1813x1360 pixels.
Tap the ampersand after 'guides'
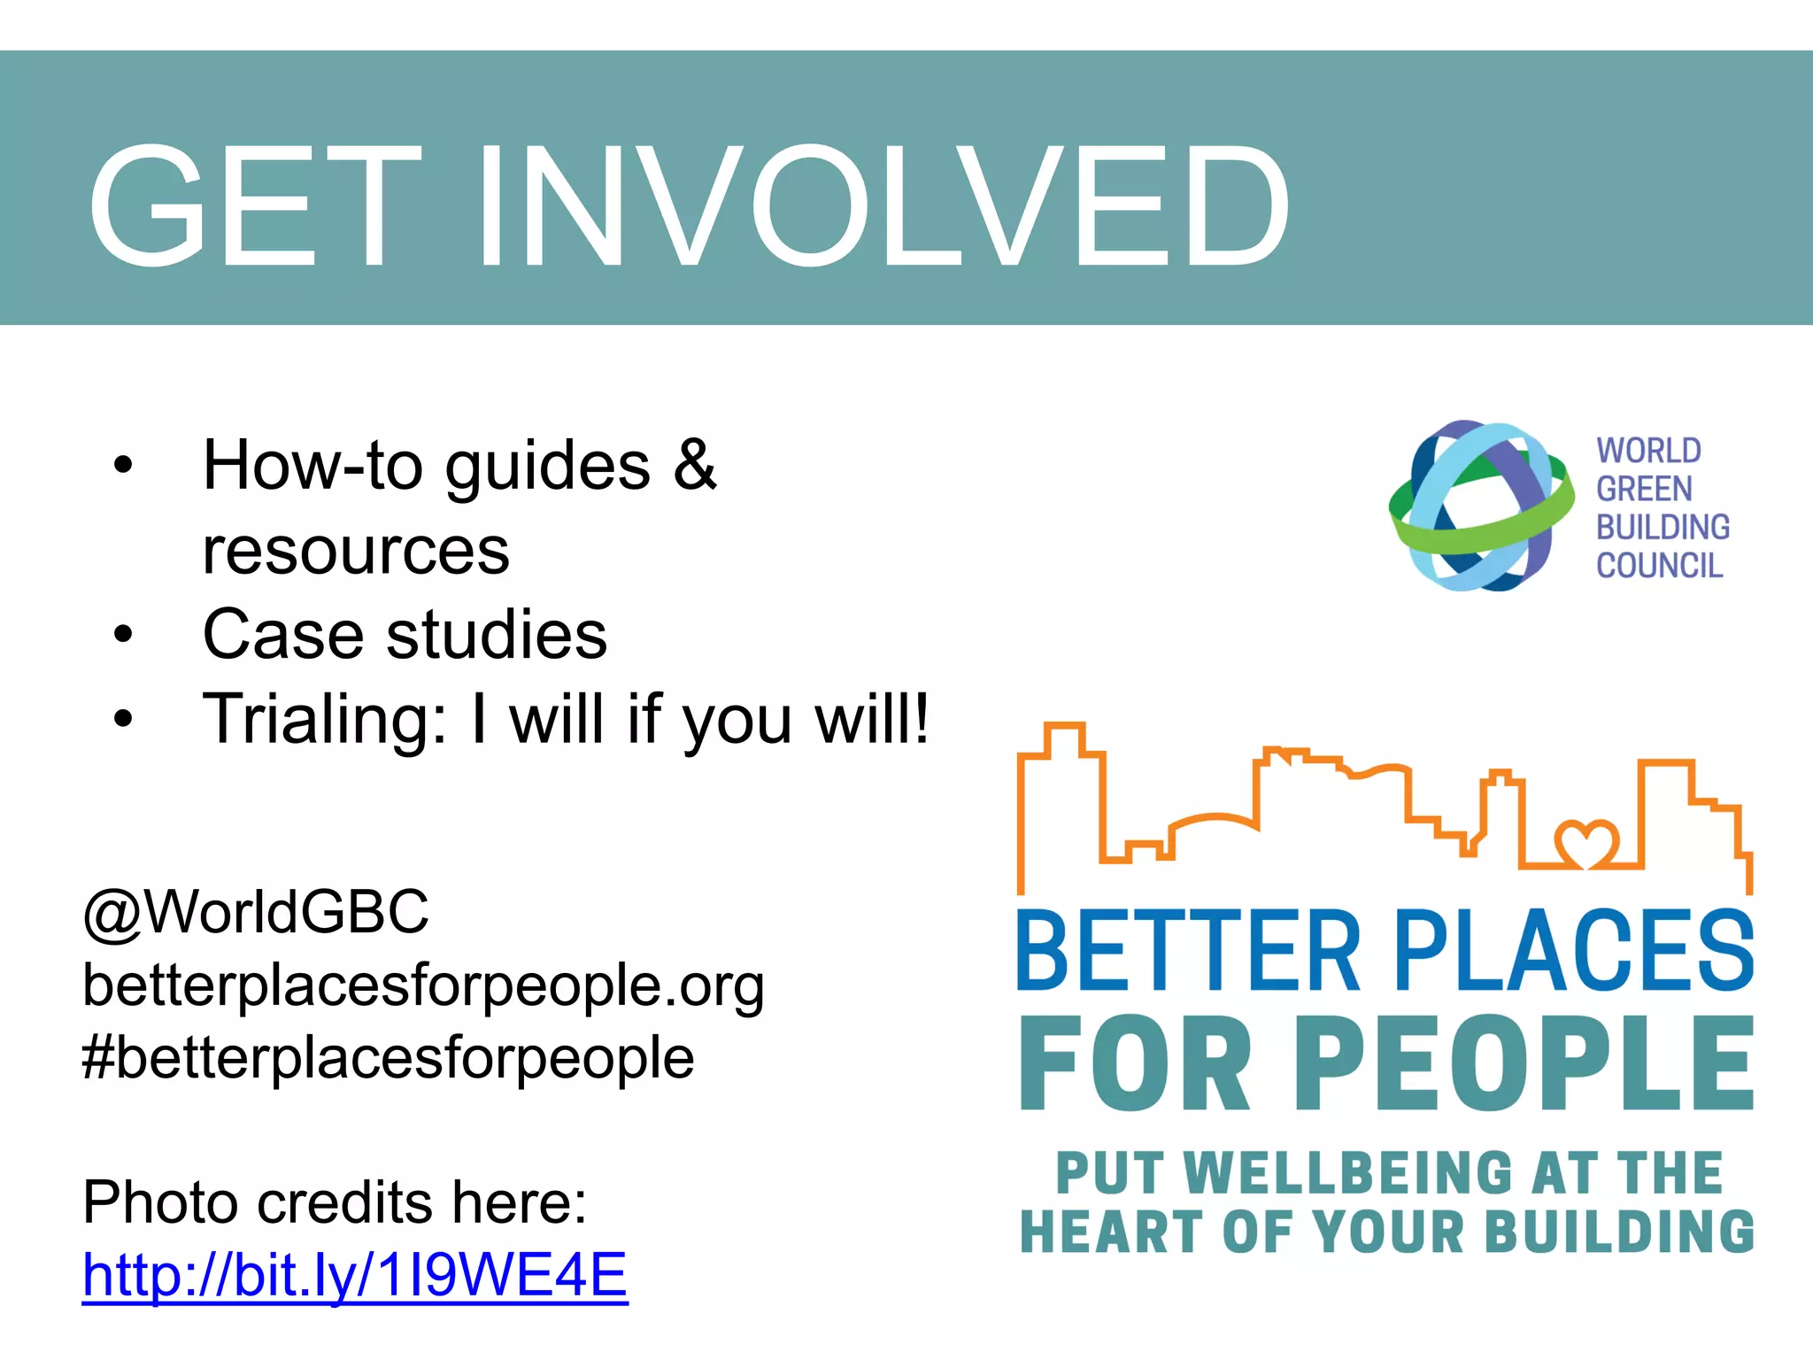tap(694, 464)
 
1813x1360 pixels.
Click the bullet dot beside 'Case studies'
tap(123, 634)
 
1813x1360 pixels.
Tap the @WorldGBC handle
tap(256, 912)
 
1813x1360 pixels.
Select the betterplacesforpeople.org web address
tap(423, 985)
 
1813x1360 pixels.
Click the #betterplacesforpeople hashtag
tap(388, 1057)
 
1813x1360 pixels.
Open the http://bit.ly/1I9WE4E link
tap(355, 1275)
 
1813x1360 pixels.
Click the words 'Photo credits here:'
tap(335, 1202)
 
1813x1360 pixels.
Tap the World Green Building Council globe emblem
tap(1480, 506)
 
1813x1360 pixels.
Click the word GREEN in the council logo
tap(1644, 489)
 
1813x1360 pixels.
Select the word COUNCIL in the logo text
tap(1659, 565)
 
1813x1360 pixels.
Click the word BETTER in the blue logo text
tap(1187, 951)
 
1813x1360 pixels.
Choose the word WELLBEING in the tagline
tap(1347, 1173)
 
